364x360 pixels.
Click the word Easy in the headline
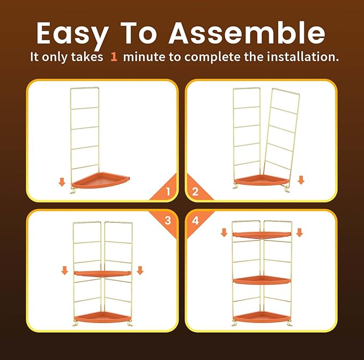point(73,34)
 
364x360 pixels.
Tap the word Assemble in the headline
point(247,33)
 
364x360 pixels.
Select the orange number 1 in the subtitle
point(114,57)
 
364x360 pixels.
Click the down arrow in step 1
point(62,182)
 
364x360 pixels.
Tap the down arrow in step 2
point(301,180)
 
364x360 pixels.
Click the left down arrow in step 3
point(64,271)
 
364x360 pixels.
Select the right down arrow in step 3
point(140,271)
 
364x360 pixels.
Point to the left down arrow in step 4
point(224,232)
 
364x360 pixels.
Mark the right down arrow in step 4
point(300,232)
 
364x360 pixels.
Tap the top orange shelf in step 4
point(262,235)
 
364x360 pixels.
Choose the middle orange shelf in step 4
point(262,280)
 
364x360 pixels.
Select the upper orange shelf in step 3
point(102,274)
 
